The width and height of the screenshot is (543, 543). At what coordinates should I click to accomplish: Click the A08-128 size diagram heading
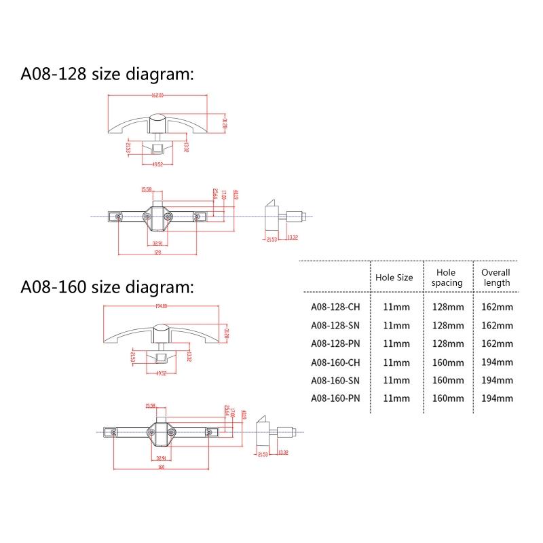[x=107, y=74]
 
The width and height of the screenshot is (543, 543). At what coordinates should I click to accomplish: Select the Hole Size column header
[x=394, y=278]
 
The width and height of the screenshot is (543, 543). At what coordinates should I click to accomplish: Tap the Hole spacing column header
[x=447, y=277]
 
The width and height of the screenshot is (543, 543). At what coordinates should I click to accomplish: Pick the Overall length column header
[x=495, y=277]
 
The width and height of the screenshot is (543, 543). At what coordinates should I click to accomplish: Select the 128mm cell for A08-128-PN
[x=448, y=343]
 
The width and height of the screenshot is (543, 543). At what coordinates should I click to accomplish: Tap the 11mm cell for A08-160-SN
[x=396, y=380]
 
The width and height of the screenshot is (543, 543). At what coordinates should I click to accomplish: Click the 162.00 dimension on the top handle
[x=157, y=94]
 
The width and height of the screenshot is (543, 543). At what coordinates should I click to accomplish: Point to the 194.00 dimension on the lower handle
[x=162, y=306]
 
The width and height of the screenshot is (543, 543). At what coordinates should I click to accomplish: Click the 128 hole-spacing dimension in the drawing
[x=157, y=252]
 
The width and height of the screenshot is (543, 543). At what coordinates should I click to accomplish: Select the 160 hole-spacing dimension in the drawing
[x=161, y=467]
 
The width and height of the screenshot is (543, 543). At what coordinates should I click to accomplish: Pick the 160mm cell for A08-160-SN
[x=448, y=380]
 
